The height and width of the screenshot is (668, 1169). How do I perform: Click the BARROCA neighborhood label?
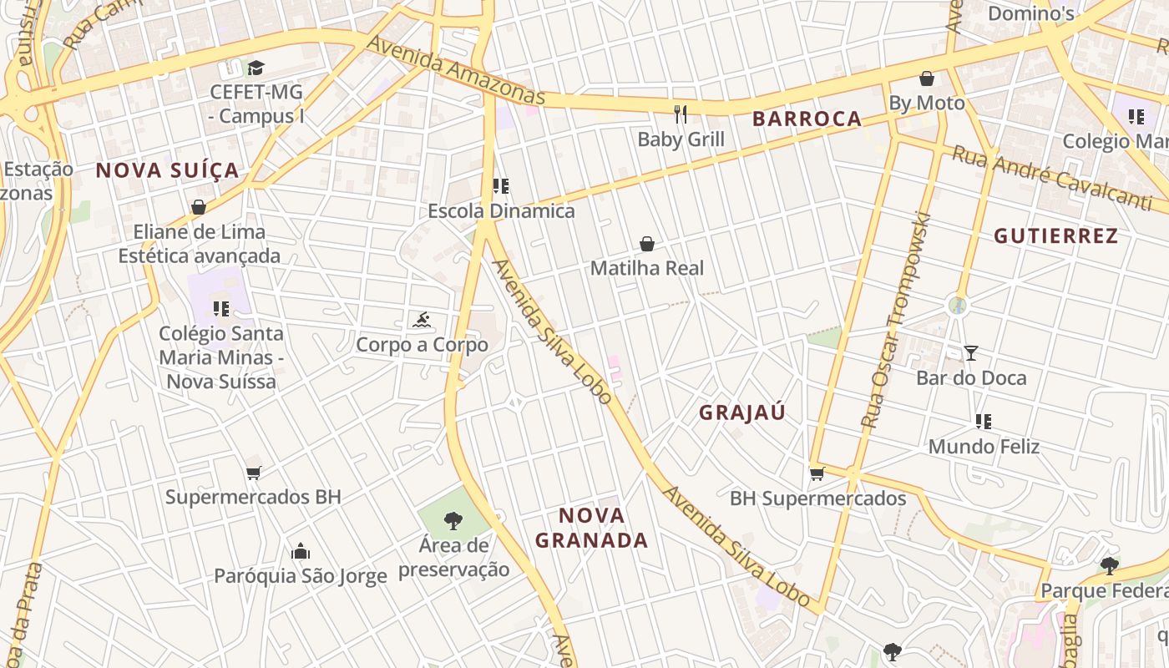tap(807, 119)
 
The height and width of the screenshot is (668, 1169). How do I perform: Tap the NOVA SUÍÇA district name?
tap(167, 171)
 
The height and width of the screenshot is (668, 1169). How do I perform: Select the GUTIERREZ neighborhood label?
tap(1055, 236)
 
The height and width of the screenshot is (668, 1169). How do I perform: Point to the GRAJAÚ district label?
tap(742, 412)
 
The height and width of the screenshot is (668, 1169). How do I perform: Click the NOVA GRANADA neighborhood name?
tap(591, 528)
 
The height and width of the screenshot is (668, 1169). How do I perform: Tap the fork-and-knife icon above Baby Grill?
tap(681, 114)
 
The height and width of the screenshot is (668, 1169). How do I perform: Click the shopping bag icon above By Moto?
tap(926, 79)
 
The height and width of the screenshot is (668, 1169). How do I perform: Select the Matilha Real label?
tap(647, 269)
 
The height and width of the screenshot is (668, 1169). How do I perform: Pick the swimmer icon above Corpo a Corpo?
tap(422, 320)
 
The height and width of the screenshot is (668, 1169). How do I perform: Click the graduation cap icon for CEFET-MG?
tap(256, 68)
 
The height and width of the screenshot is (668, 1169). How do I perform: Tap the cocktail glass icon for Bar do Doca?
tap(970, 353)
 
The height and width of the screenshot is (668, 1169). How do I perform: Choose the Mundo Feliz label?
tap(984, 447)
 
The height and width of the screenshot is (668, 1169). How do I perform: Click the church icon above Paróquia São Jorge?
tap(301, 551)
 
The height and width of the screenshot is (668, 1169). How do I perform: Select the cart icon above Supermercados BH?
tap(254, 473)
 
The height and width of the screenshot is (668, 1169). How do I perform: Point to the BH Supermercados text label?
tap(817, 499)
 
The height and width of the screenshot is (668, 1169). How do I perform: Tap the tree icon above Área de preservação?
tap(453, 521)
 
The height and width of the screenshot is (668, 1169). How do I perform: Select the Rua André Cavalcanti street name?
tap(1051, 178)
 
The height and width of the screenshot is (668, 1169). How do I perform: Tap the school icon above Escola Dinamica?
tap(501, 186)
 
